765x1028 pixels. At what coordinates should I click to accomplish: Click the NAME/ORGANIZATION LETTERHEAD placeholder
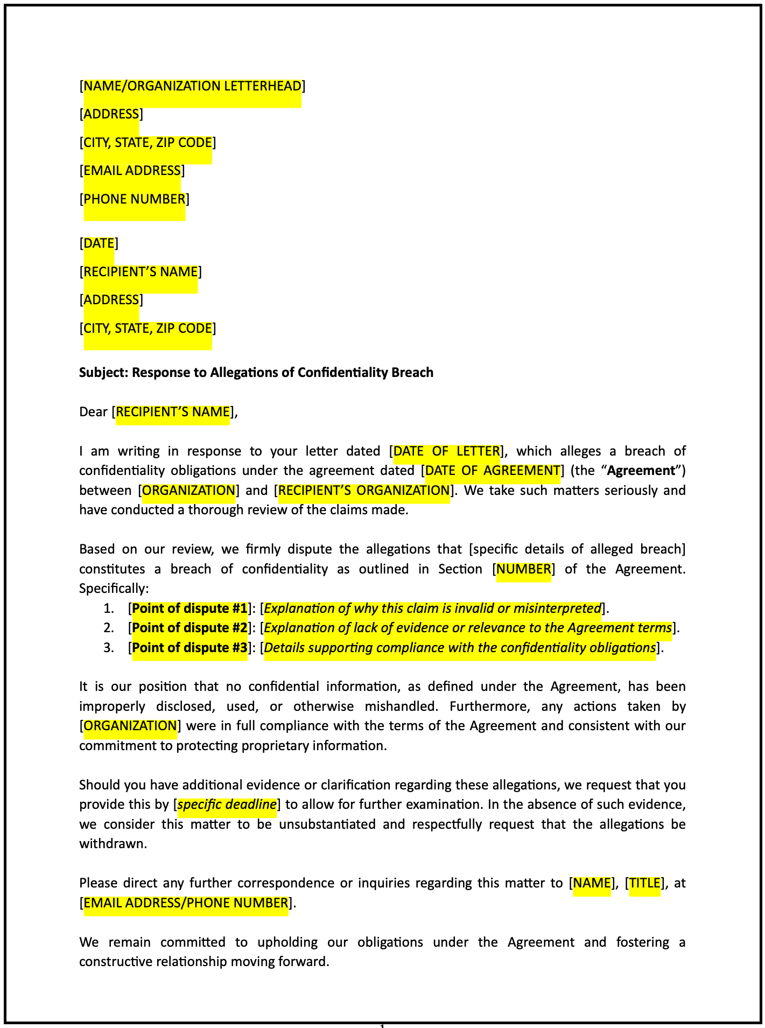192,86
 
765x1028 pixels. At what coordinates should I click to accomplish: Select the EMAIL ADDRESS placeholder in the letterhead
132,171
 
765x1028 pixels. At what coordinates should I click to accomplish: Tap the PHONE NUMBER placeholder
135,199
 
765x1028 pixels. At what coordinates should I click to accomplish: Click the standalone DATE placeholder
99,243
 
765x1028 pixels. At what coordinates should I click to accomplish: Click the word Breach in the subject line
413,373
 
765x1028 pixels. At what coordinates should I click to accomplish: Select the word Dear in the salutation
94,412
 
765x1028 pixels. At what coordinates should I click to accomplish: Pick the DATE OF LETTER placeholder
447,451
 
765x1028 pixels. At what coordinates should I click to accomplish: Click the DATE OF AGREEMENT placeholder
493,471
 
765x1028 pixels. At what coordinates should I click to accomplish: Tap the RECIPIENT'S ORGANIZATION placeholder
363,491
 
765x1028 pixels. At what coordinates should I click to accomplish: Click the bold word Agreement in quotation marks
641,471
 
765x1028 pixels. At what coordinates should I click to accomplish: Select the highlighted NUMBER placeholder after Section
523,569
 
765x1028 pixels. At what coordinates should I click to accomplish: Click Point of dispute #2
190,628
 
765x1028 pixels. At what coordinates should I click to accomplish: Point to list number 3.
108,648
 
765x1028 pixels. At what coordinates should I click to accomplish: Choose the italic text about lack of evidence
468,628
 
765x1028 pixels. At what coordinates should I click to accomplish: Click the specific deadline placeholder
227,805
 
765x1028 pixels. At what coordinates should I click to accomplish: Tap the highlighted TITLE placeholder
644,883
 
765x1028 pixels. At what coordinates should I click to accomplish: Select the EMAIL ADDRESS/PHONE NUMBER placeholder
186,903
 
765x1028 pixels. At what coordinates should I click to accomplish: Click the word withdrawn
113,844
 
